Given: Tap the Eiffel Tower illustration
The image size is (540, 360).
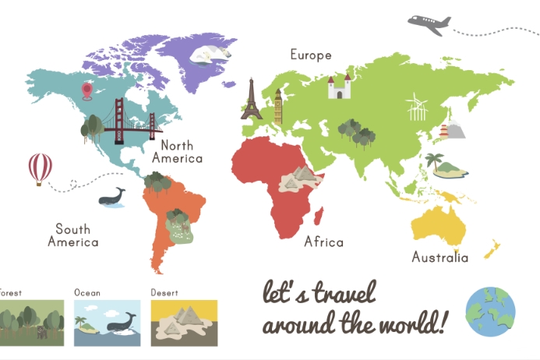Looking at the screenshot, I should click(251, 99).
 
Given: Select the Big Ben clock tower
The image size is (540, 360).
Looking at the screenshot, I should click(277, 107).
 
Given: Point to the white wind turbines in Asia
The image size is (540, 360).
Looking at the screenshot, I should click(417, 107).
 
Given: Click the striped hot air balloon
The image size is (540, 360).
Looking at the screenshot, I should click(41, 168).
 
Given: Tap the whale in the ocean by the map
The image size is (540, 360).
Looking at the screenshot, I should click(112, 198).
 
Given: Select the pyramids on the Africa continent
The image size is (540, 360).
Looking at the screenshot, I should click(298, 180).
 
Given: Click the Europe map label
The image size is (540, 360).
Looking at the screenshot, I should click(311, 55).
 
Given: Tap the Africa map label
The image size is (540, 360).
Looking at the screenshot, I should click(323, 242).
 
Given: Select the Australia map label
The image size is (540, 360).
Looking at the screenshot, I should click(440, 257).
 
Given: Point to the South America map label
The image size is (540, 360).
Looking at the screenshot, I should click(73, 235).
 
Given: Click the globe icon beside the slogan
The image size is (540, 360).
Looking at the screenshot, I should click(490, 310).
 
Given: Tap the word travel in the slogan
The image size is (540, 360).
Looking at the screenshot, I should click(341, 294).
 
